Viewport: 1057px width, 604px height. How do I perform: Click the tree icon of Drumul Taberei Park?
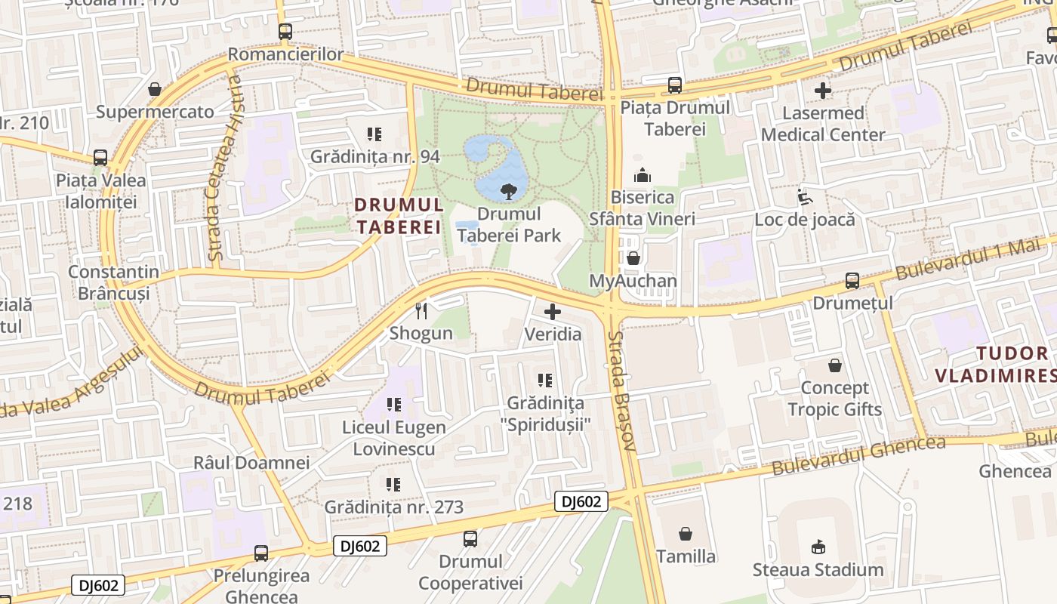[x=508, y=191]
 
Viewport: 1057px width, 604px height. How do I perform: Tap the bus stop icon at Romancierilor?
[x=285, y=32]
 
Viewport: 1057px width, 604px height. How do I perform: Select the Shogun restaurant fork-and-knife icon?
[x=421, y=310]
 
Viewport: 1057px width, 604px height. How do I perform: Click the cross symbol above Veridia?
[x=553, y=311]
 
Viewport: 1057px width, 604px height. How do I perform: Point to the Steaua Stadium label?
[x=818, y=569]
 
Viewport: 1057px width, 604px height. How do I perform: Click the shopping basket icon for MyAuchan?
[x=633, y=258]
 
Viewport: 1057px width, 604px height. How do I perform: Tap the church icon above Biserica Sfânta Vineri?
[x=643, y=175]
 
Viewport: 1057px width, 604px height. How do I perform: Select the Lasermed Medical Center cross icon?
[x=823, y=91]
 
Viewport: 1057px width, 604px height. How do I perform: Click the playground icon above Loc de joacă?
[x=805, y=197]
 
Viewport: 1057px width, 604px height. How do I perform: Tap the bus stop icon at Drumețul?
[x=852, y=280]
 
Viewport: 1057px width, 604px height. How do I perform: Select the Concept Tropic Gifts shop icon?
[x=835, y=365]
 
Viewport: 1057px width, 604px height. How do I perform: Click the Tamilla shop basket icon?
[x=686, y=534]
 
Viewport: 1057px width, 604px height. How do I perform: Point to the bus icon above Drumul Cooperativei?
[x=470, y=538]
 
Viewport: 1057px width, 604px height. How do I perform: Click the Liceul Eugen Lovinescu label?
[x=394, y=438]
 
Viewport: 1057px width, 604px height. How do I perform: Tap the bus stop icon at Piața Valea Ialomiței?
[x=100, y=158]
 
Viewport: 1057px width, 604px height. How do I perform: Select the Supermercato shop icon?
[x=155, y=89]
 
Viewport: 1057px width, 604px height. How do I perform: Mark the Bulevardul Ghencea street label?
[x=858, y=455]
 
